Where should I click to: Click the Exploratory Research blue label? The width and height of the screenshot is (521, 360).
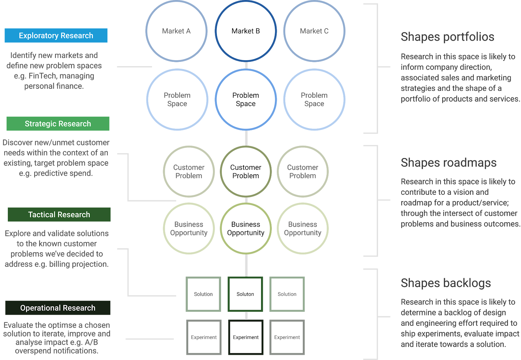click(56, 36)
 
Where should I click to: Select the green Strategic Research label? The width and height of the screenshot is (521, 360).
click(58, 124)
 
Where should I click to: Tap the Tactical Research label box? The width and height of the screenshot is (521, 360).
click(59, 215)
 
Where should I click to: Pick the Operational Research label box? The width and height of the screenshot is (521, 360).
click(58, 308)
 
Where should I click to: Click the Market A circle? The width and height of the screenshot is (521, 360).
click(176, 31)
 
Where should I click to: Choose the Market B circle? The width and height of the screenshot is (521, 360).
click(246, 31)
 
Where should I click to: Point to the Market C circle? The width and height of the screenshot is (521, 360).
click(314, 31)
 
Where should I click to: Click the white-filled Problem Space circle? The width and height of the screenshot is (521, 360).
click(246, 99)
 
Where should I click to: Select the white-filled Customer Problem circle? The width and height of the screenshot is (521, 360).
click(246, 171)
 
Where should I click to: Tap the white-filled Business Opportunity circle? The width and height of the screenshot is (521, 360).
click(246, 228)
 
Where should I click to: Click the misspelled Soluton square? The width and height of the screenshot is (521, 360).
click(245, 294)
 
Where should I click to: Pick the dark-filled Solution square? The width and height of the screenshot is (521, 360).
click(204, 294)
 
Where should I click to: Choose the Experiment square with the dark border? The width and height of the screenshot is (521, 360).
click(246, 337)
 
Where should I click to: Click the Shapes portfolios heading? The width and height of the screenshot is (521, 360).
click(447, 37)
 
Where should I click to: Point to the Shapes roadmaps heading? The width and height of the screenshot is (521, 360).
click(448, 163)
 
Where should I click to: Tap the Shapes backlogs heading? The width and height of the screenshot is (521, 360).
click(446, 283)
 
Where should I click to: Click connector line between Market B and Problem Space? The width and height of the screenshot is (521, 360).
click(246, 65)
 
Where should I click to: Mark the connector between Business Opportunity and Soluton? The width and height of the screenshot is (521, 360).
click(246, 266)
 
